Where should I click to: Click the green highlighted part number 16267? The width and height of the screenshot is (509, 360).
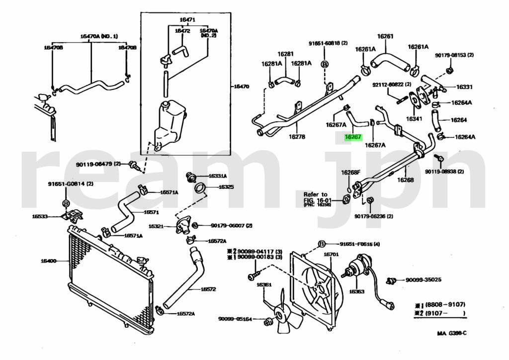[x=353, y=137]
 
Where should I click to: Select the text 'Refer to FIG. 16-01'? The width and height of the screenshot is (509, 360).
[x=316, y=197]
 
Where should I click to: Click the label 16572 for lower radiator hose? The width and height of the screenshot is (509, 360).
[x=208, y=289]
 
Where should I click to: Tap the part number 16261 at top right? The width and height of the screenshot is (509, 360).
[x=385, y=36]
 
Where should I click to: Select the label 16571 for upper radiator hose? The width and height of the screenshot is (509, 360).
[x=151, y=212]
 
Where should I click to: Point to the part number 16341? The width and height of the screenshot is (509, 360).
[x=414, y=119]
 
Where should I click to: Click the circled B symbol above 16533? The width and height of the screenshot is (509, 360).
[x=66, y=203]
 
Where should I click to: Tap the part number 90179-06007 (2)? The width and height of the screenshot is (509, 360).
[x=228, y=225]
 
